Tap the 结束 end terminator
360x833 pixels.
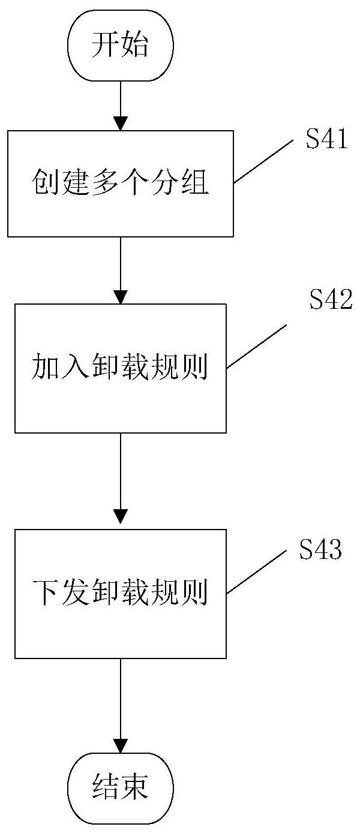(x=120, y=787)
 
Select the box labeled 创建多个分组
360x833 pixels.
(x=120, y=182)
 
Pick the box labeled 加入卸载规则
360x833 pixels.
(x=120, y=368)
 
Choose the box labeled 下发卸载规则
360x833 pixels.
(x=120, y=593)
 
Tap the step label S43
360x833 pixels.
(x=321, y=550)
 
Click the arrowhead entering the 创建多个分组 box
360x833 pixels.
(x=121, y=124)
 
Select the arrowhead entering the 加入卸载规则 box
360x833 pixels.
(x=121, y=297)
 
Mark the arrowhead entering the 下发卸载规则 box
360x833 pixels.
(x=121, y=516)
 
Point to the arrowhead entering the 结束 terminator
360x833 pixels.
(x=121, y=746)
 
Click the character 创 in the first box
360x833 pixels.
(x=43, y=183)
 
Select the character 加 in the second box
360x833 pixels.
(x=43, y=368)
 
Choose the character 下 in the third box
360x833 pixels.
(x=43, y=594)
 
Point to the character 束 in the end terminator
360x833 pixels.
(x=134, y=787)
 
